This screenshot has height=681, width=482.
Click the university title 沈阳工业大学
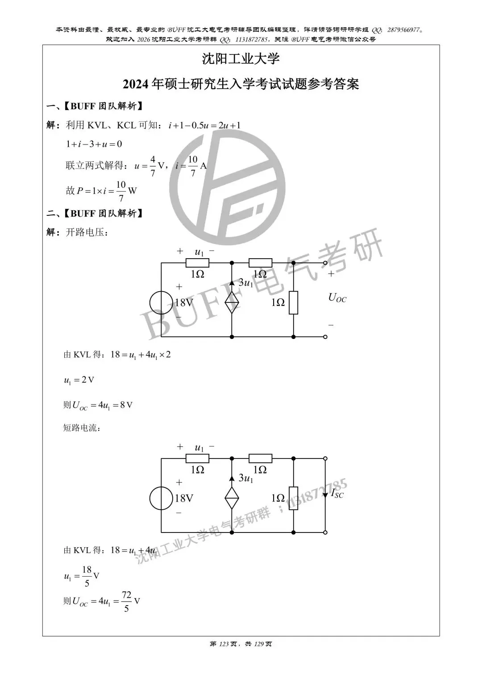pyautogui.click(x=241, y=59)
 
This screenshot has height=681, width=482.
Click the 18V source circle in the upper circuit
pyautogui.click(x=161, y=302)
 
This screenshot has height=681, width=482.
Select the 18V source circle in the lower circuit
pyautogui.click(x=161, y=498)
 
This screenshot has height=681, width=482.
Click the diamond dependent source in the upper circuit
pyautogui.click(x=232, y=303)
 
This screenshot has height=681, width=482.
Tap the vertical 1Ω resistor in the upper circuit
pyautogui.click(x=293, y=302)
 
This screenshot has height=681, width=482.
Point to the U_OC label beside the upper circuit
pyautogui.click(x=337, y=297)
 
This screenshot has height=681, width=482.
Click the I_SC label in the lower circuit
pyautogui.click(x=337, y=493)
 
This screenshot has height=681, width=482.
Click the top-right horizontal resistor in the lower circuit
pyautogui.click(x=260, y=458)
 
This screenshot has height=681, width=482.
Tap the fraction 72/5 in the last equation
pyautogui.click(x=126, y=601)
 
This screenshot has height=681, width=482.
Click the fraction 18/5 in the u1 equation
pyautogui.click(x=87, y=576)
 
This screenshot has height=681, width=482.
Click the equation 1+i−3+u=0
pyautogui.click(x=94, y=144)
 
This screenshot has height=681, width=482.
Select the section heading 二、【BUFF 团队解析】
pyautogui.click(x=96, y=214)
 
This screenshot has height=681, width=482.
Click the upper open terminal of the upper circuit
pyautogui.click(x=325, y=264)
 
